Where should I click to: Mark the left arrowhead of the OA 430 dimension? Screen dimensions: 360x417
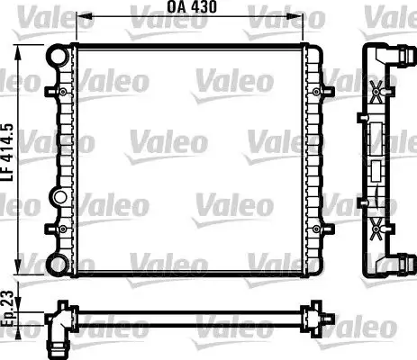[79, 17]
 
